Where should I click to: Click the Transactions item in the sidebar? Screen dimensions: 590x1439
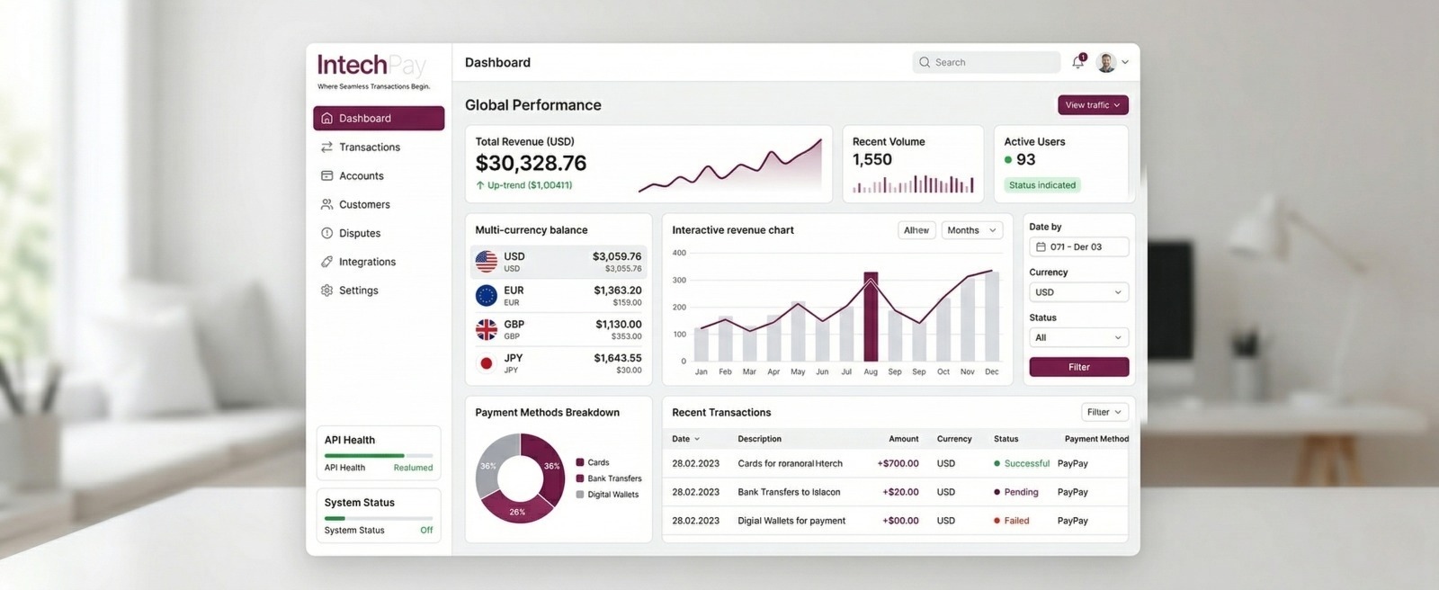pyautogui.click(x=369, y=147)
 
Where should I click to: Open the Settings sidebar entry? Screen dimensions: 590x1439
pyautogui.click(x=358, y=291)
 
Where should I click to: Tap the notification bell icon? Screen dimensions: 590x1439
pyautogui.click(x=1077, y=62)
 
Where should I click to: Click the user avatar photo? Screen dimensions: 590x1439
pyautogui.click(x=1106, y=62)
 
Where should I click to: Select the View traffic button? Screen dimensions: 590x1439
pyautogui.click(x=1092, y=105)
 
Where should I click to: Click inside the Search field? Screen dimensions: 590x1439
pyautogui.click(x=989, y=62)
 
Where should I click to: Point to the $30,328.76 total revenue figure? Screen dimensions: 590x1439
pyautogui.click(x=531, y=163)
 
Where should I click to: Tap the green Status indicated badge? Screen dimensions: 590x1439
pyautogui.click(x=1041, y=185)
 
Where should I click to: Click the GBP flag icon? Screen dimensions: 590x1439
pyautogui.click(x=487, y=330)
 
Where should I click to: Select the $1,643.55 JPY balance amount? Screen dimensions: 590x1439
pyautogui.click(x=617, y=358)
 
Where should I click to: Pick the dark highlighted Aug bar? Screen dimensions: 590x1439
pyautogui.click(x=871, y=317)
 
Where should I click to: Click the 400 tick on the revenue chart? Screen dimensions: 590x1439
pyautogui.click(x=679, y=253)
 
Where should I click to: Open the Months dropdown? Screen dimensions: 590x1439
pyautogui.click(x=971, y=230)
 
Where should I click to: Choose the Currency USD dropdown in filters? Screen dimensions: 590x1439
pyautogui.click(x=1078, y=292)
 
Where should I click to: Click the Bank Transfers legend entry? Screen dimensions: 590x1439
pyautogui.click(x=613, y=478)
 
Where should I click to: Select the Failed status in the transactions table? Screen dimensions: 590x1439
pyautogui.click(x=1015, y=521)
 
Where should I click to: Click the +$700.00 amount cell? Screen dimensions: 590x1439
pyautogui.click(x=898, y=464)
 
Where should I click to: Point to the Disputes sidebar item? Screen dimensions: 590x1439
pyautogui.click(x=359, y=233)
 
